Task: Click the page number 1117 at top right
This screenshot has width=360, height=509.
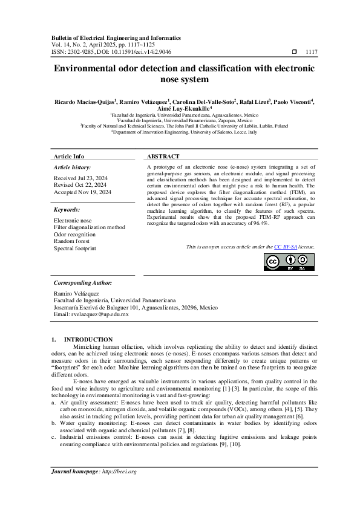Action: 312,52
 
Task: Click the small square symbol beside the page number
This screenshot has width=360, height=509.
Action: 293,52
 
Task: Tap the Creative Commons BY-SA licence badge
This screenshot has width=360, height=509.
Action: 289,262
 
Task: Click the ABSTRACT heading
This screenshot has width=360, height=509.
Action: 162,156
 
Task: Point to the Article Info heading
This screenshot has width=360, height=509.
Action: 69,156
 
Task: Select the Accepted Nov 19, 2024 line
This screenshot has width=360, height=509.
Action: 83,192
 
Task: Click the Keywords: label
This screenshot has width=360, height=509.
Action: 67,210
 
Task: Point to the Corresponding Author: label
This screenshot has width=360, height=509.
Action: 83,282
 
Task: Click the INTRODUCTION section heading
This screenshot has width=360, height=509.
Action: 88,339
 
